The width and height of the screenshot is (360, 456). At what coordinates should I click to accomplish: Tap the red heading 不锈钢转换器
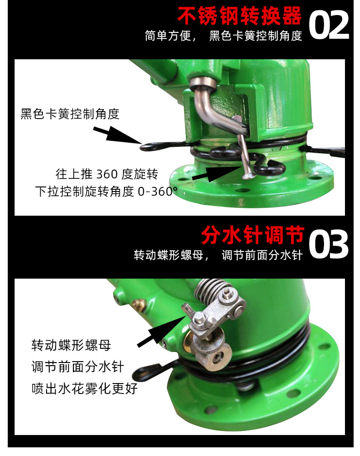[239, 16]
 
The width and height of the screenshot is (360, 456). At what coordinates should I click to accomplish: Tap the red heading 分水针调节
[252, 236]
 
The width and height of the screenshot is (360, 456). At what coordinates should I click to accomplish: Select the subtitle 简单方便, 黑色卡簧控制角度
[223, 36]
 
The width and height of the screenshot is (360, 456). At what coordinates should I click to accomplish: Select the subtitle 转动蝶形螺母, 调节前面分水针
[218, 255]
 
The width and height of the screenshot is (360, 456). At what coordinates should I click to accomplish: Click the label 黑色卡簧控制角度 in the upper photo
[70, 114]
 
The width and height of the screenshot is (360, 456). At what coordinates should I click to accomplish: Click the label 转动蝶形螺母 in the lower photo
[71, 345]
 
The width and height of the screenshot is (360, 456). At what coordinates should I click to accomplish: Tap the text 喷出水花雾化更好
[84, 389]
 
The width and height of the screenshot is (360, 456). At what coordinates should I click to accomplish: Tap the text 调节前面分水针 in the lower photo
[77, 367]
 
